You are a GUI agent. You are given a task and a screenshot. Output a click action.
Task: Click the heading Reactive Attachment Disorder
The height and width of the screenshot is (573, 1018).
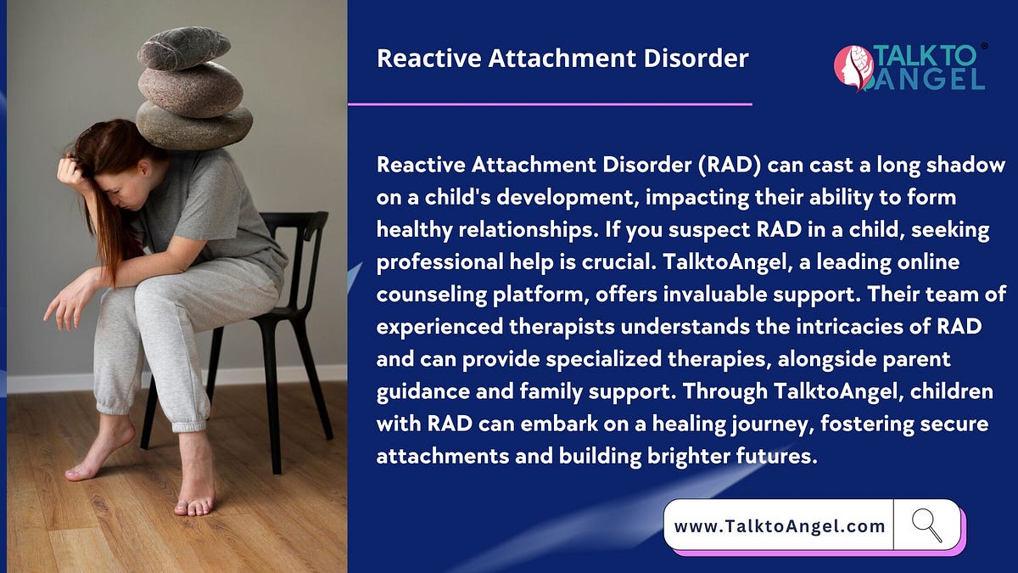point(562,59)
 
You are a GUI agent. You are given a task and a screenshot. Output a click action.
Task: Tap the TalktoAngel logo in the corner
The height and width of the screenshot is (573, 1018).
point(910,67)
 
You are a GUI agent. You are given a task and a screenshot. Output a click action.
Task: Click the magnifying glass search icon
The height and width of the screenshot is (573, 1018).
point(926,525)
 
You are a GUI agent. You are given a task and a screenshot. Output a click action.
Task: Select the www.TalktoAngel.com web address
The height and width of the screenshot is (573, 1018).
point(779,526)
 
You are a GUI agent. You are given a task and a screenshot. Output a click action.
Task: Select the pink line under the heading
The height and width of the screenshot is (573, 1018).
point(550,104)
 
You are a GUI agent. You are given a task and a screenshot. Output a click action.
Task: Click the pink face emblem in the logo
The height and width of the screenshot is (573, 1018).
point(853,68)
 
